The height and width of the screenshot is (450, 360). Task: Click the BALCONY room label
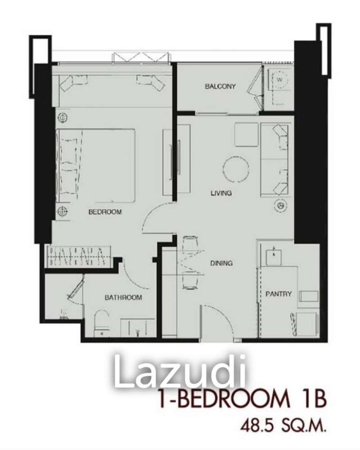click(220, 86)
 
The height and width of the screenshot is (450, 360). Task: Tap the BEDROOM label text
click(105, 211)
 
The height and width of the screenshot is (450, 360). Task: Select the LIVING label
click(221, 193)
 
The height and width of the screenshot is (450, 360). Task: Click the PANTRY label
click(279, 294)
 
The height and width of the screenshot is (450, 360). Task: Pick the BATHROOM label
click(123, 297)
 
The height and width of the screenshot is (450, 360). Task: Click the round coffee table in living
click(236, 169)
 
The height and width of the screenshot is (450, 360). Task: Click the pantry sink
click(273, 255)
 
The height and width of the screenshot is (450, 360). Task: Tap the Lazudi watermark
click(180, 372)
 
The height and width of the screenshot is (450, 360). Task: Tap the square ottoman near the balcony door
click(246, 134)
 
